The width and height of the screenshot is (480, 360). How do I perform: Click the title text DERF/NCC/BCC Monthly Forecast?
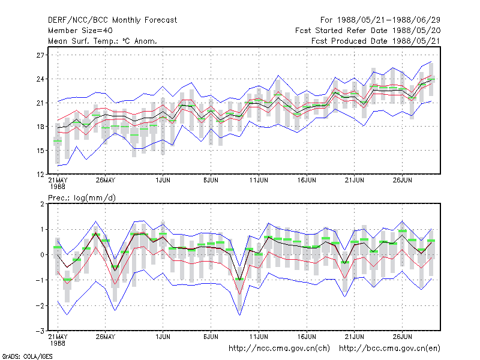tap(112, 20)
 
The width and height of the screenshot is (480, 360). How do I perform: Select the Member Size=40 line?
tap(80, 31)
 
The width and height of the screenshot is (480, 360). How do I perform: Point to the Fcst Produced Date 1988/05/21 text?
tap(376, 41)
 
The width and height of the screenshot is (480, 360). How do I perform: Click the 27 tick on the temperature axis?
tap(40, 55)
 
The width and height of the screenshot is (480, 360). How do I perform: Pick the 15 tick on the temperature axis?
tap(40, 151)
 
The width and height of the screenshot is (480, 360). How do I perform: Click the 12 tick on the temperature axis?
tap(40, 175)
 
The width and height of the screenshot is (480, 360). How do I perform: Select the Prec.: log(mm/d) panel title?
tap(82, 198)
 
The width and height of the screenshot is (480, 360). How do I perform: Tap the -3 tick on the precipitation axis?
tap(40, 331)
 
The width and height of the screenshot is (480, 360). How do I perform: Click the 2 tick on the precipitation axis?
tap(42, 204)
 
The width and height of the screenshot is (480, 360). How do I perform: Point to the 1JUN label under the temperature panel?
tap(163, 180)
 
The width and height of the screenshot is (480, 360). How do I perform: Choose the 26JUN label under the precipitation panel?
tap(402, 337)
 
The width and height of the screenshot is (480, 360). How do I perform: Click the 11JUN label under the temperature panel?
tap(259, 180)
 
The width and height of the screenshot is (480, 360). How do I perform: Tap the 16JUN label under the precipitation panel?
tap(307, 337)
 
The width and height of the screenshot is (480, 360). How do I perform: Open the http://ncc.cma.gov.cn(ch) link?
tap(279, 349)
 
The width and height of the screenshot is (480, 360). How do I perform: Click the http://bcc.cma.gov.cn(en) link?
tap(389, 349)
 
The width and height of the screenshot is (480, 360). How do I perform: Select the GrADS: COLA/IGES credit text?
tap(27, 356)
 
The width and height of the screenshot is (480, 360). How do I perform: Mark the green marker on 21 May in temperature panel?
tap(58, 141)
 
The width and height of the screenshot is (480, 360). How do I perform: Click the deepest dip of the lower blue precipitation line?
tap(239, 315)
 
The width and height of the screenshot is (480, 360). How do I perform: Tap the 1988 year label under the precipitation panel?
tap(58, 343)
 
